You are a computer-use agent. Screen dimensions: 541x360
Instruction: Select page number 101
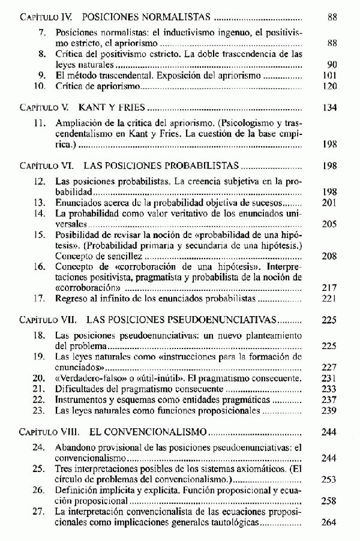point(329,76)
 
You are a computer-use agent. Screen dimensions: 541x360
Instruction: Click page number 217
point(329,287)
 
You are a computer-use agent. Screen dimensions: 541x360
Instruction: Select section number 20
point(40,378)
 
